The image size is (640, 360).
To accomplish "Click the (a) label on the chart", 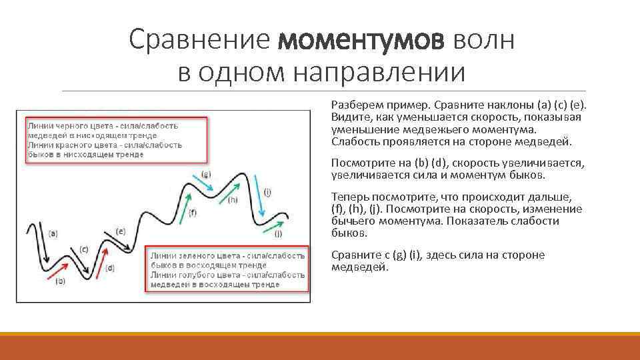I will coord(53,233).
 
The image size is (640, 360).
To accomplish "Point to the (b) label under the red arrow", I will coord(60,281).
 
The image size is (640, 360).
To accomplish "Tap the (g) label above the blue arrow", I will coord(206,174).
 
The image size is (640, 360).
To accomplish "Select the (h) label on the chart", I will coord(233,199).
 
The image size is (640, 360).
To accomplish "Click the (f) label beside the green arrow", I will coord(193,213).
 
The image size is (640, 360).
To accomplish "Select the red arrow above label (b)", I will coord(57,269).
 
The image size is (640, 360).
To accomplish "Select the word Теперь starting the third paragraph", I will coord(348,197).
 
